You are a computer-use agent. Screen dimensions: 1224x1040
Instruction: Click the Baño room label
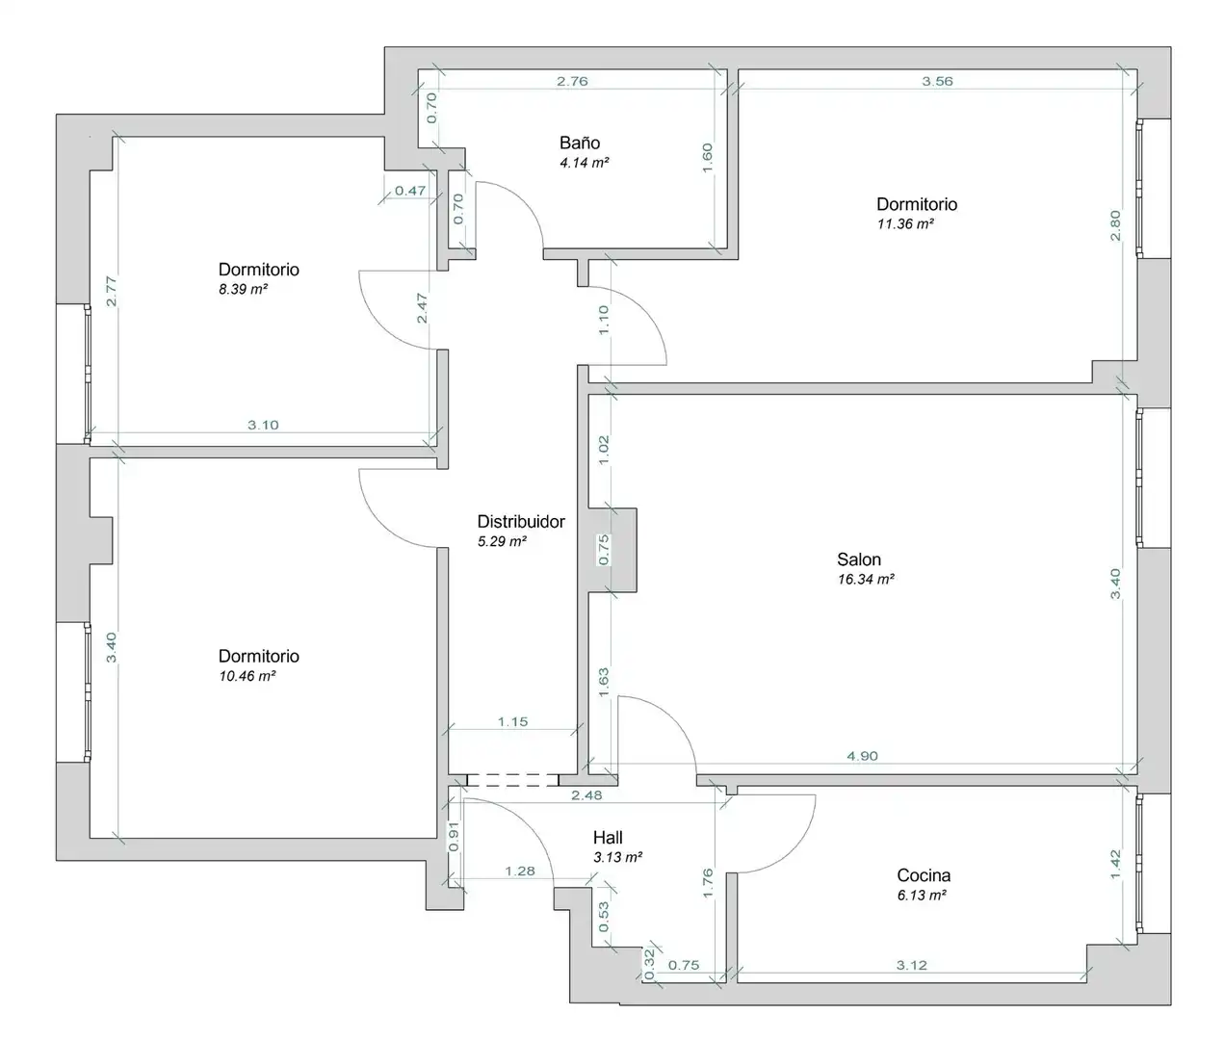tap(580, 143)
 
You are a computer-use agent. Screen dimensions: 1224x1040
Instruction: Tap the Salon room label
tap(859, 559)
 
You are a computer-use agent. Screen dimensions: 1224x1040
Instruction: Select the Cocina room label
tap(924, 874)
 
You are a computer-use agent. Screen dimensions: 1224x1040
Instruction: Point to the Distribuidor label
tap(521, 521)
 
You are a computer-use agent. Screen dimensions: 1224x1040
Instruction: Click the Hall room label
tap(608, 838)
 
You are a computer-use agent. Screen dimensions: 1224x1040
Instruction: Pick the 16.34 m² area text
tap(866, 580)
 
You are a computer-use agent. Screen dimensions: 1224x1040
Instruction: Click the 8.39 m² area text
tap(243, 290)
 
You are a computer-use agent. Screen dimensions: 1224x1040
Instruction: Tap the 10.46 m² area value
tap(247, 676)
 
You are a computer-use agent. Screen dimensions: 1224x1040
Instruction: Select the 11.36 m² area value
tap(905, 223)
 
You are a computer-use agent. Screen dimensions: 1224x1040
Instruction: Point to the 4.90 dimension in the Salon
tap(862, 756)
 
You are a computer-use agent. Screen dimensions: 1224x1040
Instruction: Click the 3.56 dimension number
tap(937, 81)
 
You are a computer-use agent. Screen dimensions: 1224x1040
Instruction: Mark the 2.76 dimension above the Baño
tap(572, 81)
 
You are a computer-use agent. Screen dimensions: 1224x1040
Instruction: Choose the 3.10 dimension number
tap(263, 425)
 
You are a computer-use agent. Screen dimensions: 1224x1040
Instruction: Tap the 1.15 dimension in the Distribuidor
tap(512, 721)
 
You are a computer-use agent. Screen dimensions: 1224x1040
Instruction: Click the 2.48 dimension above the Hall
tap(586, 795)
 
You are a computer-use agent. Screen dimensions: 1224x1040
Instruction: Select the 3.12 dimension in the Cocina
tap(911, 966)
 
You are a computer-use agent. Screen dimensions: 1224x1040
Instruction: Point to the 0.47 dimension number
tap(410, 191)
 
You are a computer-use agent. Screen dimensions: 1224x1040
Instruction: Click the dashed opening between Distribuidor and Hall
tap(513, 780)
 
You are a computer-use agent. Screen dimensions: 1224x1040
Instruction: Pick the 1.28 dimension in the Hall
tap(519, 871)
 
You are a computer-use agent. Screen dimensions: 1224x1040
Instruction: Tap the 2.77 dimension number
tap(111, 292)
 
